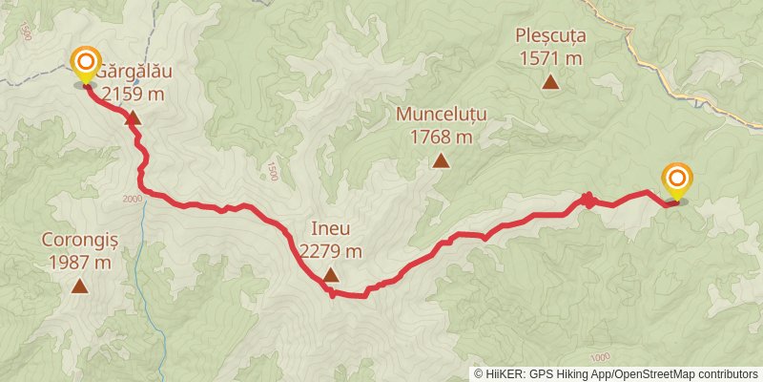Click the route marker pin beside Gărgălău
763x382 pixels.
tap(86, 65)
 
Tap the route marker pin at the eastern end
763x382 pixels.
tap(677, 179)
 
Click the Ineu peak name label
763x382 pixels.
tap(330, 229)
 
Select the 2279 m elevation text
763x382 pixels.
tap(330, 251)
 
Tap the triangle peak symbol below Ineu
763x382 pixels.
tap(330, 275)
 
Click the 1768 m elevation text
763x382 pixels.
tap(441, 136)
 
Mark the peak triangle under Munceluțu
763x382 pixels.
tap(441, 160)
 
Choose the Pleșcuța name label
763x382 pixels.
tap(550, 35)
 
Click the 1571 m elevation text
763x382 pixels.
tap(550, 57)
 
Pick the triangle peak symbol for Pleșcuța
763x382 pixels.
tap(550, 81)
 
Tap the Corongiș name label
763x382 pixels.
tap(77, 240)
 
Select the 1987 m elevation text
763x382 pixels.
tap(77, 262)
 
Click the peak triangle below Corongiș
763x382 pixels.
tap(79, 286)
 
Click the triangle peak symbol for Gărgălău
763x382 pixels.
tap(133, 118)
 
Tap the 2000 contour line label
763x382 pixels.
tap(132, 198)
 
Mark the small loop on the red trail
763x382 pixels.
tap(588, 200)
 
